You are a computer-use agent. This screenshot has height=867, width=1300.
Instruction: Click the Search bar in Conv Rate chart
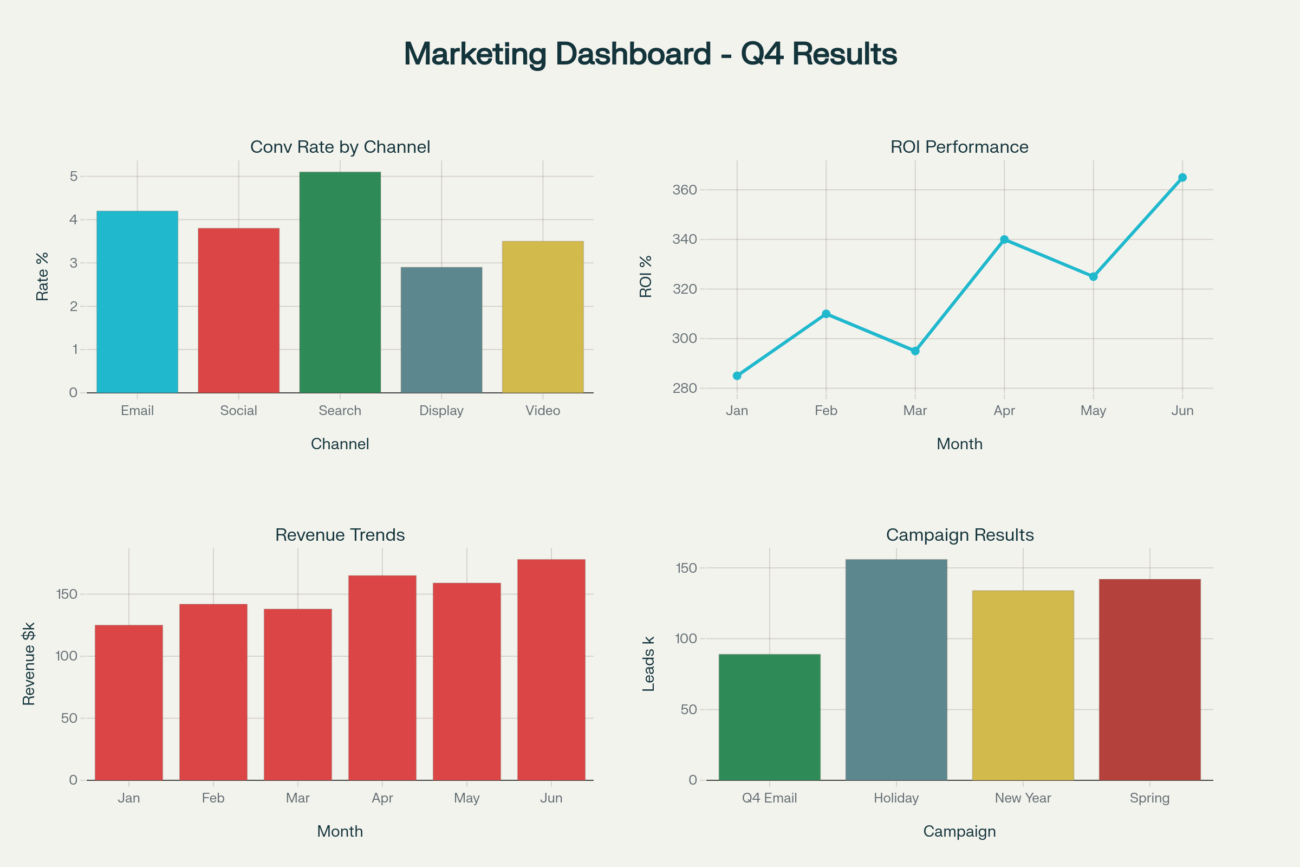340,282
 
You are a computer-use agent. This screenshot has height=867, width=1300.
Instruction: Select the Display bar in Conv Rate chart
441,330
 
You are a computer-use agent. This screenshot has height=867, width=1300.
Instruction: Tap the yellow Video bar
543,317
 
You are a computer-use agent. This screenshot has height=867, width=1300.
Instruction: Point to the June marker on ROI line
1182,178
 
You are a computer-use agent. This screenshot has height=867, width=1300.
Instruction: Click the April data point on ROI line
1004,240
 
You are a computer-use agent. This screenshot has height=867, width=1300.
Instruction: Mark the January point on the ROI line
737,376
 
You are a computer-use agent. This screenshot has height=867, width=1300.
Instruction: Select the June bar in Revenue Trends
551,670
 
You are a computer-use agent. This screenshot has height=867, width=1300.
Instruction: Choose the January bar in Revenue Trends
129,702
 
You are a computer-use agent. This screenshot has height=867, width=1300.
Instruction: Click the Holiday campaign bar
896,670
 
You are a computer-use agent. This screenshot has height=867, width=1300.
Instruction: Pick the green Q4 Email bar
769,717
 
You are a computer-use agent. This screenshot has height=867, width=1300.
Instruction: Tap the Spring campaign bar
1149,680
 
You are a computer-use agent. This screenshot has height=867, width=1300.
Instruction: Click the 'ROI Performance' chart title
959,147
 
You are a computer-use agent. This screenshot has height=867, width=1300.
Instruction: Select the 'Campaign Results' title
959,535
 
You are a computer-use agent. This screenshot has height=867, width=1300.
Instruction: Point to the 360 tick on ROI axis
684,190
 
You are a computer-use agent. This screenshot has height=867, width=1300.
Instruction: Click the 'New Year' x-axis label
1023,798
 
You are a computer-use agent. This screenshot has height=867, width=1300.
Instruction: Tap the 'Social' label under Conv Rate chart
238,410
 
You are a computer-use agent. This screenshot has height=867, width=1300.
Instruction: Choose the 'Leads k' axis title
648,663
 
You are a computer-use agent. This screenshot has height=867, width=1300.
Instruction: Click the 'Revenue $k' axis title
29,663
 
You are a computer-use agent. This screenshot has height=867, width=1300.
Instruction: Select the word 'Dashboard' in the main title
633,54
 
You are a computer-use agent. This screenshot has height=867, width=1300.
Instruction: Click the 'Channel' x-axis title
340,444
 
